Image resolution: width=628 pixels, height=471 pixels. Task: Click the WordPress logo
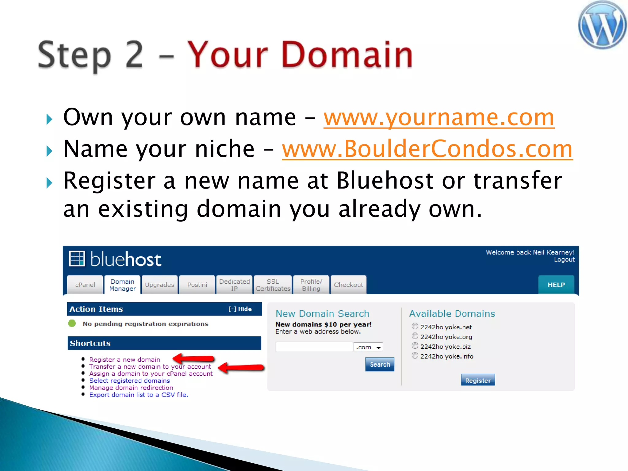pyautogui.click(x=602, y=25)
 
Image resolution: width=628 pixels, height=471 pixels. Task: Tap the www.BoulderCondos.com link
pyautogui.click(x=427, y=149)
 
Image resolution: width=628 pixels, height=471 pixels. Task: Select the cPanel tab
pyautogui.click(x=85, y=285)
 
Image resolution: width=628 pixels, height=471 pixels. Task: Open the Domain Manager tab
pyautogui.click(x=122, y=285)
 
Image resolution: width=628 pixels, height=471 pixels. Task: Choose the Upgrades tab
pyautogui.click(x=159, y=285)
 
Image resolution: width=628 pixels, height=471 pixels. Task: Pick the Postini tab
pyautogui.click(x=197, y=285)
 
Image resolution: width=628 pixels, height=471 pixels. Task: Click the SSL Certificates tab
pyautogui.click(x=273, y=285)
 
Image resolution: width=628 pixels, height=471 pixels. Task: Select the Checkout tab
pyautogui.click(x=348, y=285)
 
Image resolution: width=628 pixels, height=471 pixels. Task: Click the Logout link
pyautogui.click(x=564, y=260)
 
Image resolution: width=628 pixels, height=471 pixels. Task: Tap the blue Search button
pyautogui.click(x=380, y=365)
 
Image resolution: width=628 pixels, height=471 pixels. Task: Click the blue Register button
pyautogui.click(x=478, y=381)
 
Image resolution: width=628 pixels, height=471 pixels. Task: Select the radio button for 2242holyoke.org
pyautogui.click(x=415, y=336)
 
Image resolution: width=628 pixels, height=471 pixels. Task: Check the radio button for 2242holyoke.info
pyautogui.click(x=415, y=356)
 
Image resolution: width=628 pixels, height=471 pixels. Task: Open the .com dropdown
pyautogui.click(x=368, y=347)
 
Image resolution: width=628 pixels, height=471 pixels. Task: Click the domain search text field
pyautogui.click(x=314, y=347)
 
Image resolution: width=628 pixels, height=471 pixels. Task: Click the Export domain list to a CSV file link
pyautogui.click(x=139, y=395)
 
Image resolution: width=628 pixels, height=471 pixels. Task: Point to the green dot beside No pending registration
pyautogui.click(x=72, y=324)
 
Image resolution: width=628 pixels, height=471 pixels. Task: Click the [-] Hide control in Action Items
pyautogui.click(x=240, y=309)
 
